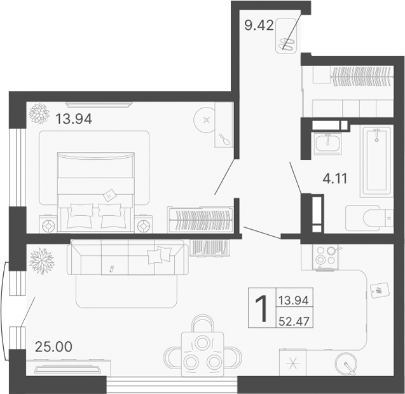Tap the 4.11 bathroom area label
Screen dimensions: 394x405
click(335, 179)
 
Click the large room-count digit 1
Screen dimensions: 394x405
click(261, 309)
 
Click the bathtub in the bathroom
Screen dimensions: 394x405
click(376, 161)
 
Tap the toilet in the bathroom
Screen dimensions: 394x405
click(368, 219)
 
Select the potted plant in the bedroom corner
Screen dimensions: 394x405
click(39, 114)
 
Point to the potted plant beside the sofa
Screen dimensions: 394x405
click(41, 260)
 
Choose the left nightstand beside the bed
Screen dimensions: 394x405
click(48, 225)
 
